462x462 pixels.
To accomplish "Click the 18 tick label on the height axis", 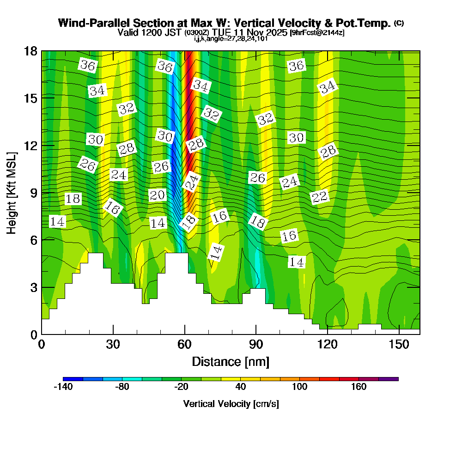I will click(x=30, y=51).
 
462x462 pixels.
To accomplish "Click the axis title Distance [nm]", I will click(x=231, y=361).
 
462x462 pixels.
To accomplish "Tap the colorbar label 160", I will click(x=359, y=387).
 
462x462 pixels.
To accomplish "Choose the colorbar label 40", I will click(x=240, y=387).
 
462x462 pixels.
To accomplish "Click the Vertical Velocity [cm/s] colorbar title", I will click(x=231, y=404).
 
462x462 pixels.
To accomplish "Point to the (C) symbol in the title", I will click(x=399, y=23).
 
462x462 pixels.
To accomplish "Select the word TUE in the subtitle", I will click(x=222, y=32).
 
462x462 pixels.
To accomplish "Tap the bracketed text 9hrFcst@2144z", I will click(x=317, y=33).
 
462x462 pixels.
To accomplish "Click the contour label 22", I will click(x=320, y=197).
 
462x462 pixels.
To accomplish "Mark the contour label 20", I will click(x=157, y=195).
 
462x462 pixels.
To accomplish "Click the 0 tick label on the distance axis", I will click(x=42, y=345).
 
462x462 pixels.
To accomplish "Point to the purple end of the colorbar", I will click(x=393, y=379).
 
